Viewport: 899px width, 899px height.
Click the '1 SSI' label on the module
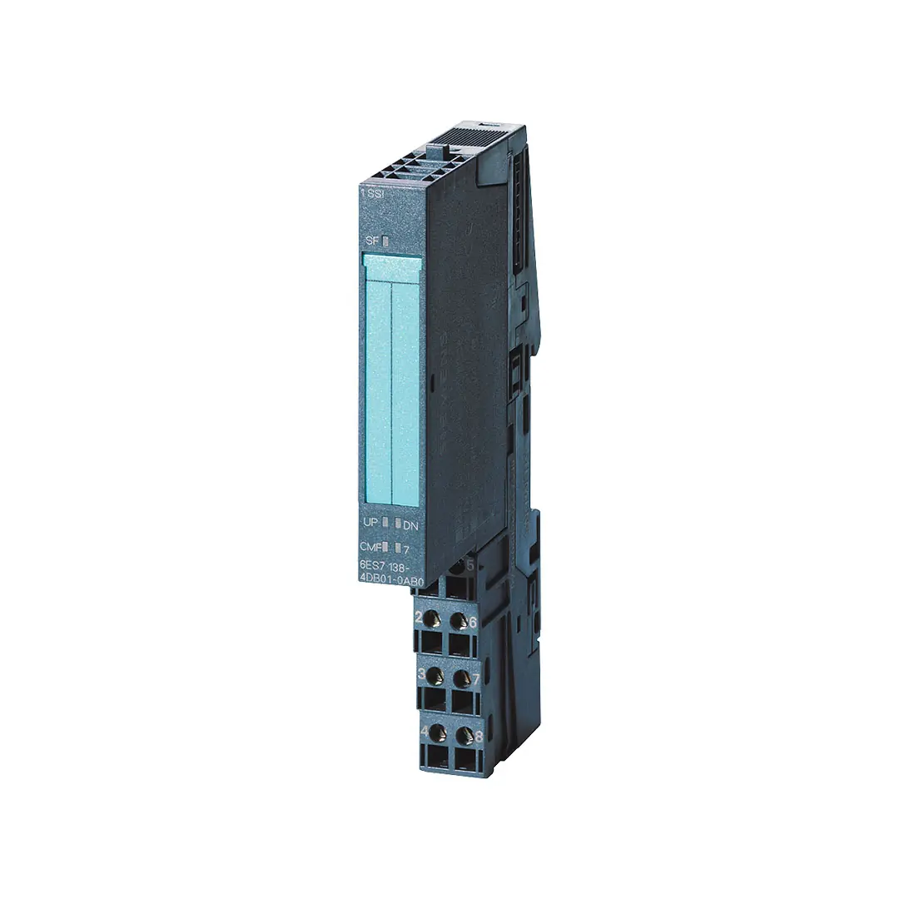coord(372,193)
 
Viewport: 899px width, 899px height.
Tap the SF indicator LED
coord(385,241)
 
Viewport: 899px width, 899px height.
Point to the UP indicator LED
coord(385,523)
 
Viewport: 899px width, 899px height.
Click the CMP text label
coord(367,547)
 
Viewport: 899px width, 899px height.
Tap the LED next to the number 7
coord(398,549)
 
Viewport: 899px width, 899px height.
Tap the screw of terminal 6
coord(458,621)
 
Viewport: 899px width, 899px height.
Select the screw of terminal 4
coord(435,733)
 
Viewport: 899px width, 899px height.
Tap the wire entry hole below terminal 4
coord(435,757)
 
